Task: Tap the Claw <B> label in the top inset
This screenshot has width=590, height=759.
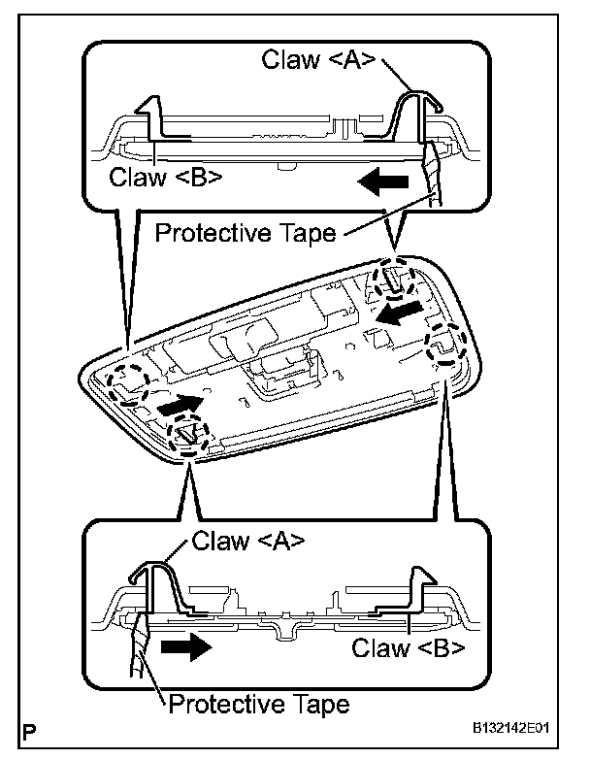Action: (x=166, y=177)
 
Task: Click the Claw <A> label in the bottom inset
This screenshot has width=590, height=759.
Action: (x=248, y=541)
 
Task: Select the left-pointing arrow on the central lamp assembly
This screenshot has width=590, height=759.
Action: (x=402, y=313)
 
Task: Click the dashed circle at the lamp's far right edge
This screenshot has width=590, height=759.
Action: (x=448, y=345)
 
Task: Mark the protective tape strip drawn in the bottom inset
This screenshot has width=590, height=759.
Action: (x=136, y=645)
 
